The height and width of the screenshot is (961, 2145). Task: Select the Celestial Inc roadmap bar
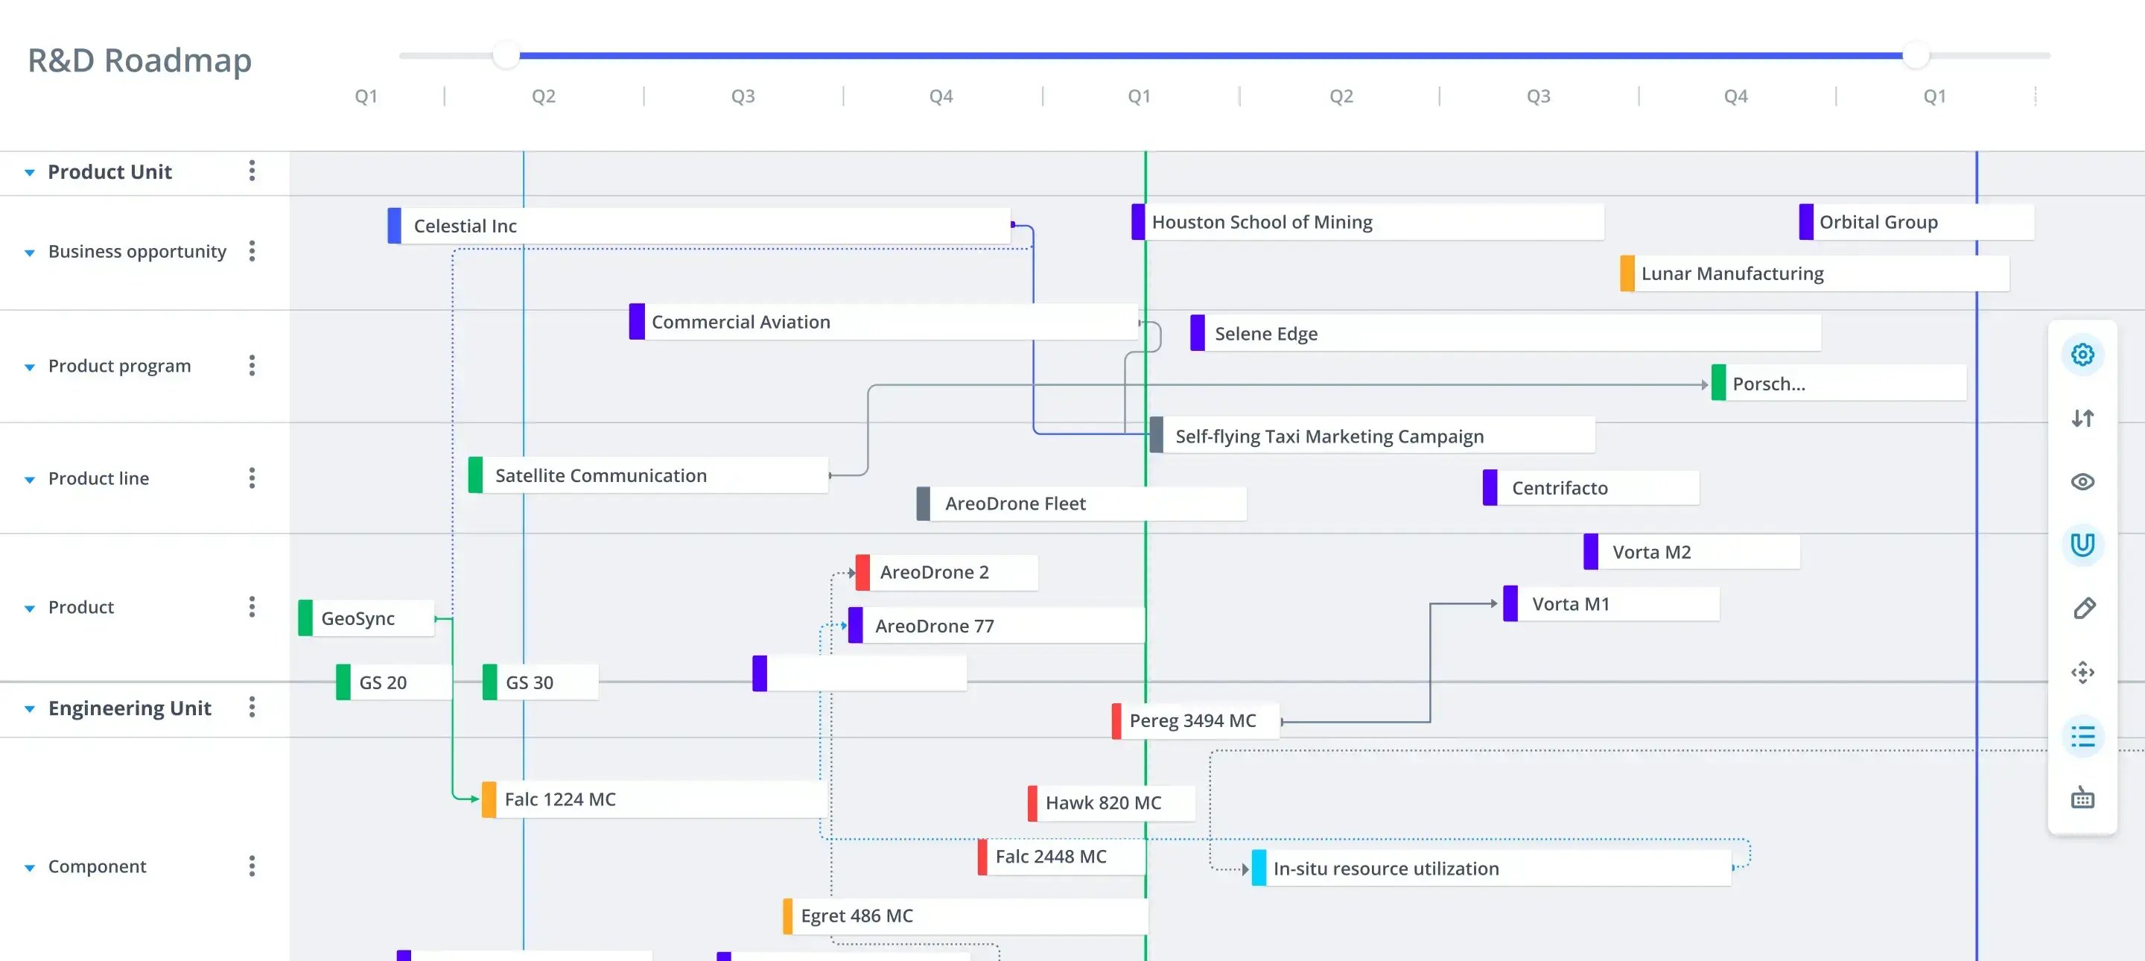[699, 226]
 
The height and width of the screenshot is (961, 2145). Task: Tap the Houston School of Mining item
[1367, 222]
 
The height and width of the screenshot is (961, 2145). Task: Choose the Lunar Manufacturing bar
[1814, 274]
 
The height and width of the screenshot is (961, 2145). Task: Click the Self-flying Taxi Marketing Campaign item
[1372, 436]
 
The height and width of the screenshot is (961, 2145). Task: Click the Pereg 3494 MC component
[1195, 721]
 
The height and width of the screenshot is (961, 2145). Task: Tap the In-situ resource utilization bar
[1492, 869]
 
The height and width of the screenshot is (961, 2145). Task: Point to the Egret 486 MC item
[965, 916]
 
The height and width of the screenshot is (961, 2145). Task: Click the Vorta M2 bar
[1692, 552]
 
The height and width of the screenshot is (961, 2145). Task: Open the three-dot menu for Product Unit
[252, 171]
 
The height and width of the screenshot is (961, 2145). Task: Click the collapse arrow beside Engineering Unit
[30, 708]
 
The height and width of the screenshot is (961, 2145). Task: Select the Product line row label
[98, 479]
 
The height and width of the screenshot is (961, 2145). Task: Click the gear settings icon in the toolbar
[2082, 355]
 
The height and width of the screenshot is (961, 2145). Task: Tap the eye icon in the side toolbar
[2082, 482]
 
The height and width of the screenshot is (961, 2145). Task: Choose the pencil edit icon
[2084, 609]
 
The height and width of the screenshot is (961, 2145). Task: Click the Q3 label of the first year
[743, 97]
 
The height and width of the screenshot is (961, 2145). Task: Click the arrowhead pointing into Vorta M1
[1494, 603]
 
